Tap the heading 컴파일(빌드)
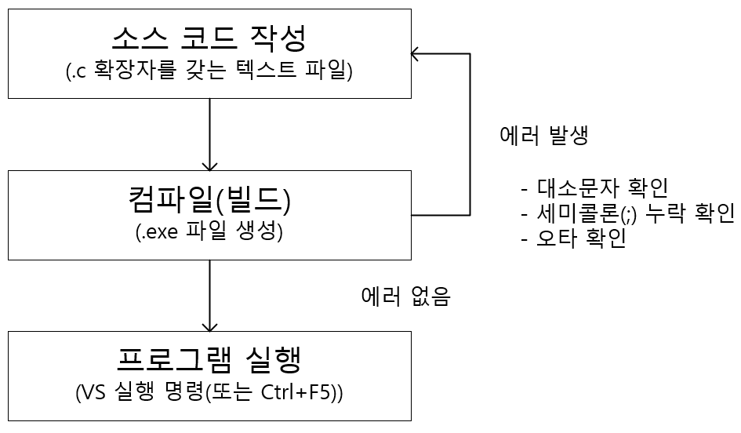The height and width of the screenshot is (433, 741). (209, 201)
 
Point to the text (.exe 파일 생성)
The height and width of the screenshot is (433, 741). (209, 233)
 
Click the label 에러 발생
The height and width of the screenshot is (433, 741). (544, 135)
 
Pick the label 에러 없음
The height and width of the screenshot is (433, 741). (405, 297)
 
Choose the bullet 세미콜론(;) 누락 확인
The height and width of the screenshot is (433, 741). (627, 213)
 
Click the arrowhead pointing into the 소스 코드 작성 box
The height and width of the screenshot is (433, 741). (416, 53)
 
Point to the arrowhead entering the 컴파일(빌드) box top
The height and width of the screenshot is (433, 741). (209, 166)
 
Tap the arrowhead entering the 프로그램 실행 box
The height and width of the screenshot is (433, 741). (209, 327)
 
